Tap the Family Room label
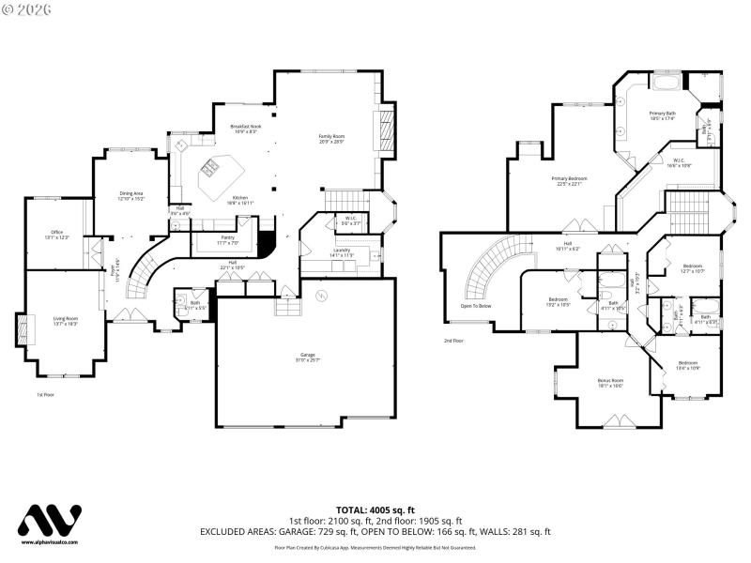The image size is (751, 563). coord(331,139)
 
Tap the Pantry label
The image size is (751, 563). coord(227,240)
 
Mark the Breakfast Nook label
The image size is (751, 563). coord(245,129)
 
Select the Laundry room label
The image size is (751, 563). coord(342,252)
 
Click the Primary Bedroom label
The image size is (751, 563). coord(570,181)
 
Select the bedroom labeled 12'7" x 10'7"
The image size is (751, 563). coord(693,268)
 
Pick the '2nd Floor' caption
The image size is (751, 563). coord(453,341)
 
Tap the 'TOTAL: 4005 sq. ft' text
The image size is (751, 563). coord(375,510)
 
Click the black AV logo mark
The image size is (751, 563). coord(51,522)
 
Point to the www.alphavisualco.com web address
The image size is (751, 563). coord(51,542)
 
